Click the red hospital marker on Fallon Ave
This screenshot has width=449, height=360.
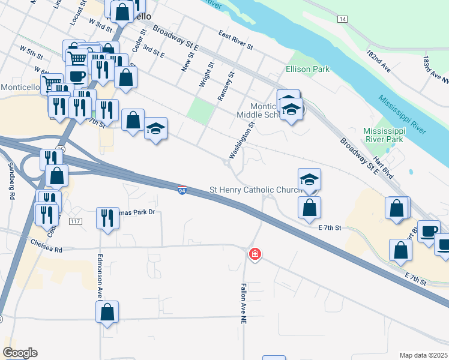pos(255,254)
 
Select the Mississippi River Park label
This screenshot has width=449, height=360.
pos(384,135)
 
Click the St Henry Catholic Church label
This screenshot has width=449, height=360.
pos(256,190)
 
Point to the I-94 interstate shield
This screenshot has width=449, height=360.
pos(182,190)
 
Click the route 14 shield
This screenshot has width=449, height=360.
pos(342,20)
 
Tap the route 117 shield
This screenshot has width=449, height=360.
pos(75,221)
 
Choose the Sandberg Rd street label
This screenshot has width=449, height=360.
pos(11,180)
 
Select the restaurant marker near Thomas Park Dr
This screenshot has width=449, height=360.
pos(107,218)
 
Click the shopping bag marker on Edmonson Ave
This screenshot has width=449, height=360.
pos(107,312)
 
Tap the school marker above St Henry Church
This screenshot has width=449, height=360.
pos(310,179)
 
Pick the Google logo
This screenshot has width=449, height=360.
pos(20,353)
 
